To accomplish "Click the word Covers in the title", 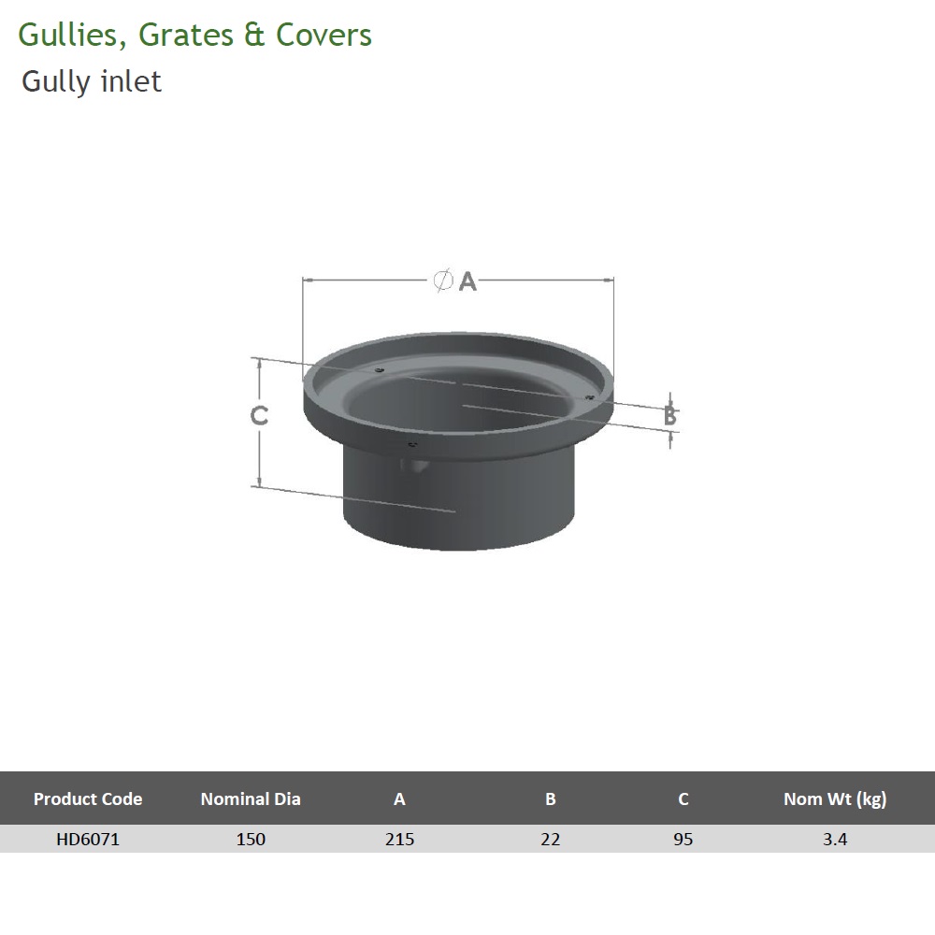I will click(x=323, y=36).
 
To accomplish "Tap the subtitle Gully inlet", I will click(x=92, y=82).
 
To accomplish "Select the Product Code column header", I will click(x=88, y=798).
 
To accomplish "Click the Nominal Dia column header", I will click(x=251, y=798).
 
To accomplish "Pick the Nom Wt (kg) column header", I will click(x=835, y=798).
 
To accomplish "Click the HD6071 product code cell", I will click(x=88, y=839).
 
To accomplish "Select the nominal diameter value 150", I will click(x=251, y=839).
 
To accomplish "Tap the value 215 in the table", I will click(x=399, y=839).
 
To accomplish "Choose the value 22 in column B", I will click(x=551, y=839).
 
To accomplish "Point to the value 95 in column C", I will click(x=683, y=839).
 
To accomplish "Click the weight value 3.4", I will click(x=835, y=839).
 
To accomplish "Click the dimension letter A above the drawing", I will click(x=467, y=280).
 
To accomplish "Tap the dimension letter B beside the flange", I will click(x=670, y=416).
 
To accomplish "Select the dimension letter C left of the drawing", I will click(x=260, y=416).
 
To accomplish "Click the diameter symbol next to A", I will click(x=444, y=280).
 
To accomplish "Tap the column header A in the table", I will click(x=399, y=798).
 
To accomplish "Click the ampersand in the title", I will click(x=252, y=36).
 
